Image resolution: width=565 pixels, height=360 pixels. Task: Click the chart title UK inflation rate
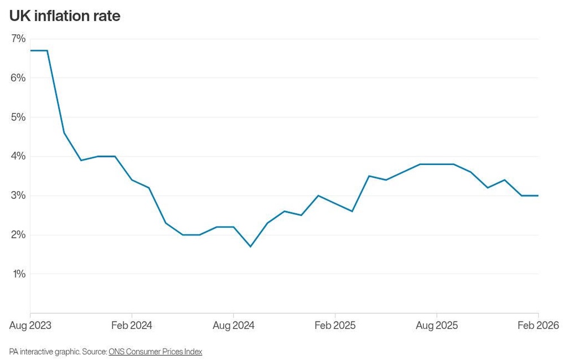coord(64,16)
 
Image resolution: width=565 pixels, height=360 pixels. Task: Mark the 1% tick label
coord(18,274)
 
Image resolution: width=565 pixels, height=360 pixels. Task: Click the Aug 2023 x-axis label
coord(31,326)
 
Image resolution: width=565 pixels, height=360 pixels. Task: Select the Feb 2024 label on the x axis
coord(132,326)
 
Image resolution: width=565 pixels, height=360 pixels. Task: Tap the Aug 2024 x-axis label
coord(233,326)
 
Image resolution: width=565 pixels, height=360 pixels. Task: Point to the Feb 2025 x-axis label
coord(335,326)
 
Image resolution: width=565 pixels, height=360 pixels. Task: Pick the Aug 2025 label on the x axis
coord(437,326)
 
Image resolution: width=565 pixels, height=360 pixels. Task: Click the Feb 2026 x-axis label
coord(538,326)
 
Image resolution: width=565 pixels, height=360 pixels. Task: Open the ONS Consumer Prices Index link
coord(155,352)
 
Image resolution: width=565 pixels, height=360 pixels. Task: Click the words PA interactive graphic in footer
coord(44,352)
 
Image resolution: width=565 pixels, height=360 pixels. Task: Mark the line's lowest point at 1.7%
coord(250,246)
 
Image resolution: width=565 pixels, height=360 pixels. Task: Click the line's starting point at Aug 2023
coord(31,50)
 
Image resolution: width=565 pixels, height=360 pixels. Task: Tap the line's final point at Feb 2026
coord(538,196)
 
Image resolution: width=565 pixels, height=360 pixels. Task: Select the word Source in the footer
coord(94,352)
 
